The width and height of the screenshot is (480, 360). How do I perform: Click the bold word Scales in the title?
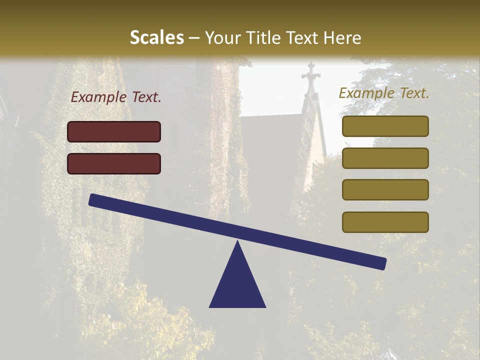pyautogui.click(x=156, y=37)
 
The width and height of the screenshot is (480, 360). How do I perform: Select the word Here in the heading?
pyautogui.click(x=342, y=37)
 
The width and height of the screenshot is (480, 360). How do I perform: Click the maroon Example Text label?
pyautogui.click(x=116, y=97)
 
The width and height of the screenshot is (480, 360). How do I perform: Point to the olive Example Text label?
pyautogui.click(x=384, y=93)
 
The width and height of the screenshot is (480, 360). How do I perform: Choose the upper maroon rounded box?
pyautogui.click(x=114, y=131)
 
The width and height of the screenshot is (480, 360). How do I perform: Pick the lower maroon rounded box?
pyautogui.click(x=114, y=163)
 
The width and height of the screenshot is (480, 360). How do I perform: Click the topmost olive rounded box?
pyautogui.click(x=385, y=126)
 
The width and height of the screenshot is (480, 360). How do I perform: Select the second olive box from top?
pyautogui.click(x=385, y=158)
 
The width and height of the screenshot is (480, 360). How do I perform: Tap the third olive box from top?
pyautogui.click(x=385, y=190)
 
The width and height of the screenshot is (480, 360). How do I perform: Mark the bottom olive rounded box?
pyautogui.click(x=385, y=222)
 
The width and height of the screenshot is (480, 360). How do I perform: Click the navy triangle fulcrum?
pyautogui.click(x=237, y=282)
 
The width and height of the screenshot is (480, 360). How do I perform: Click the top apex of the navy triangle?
pyautogui.click(x=237, y=242)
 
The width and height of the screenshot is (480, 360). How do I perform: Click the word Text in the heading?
pyautogui.click(x=302, y=37)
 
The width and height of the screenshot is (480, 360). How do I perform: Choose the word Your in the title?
pyautogui.click(x=222, y=37)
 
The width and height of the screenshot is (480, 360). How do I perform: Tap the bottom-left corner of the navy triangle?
pyautogui.click(x=210, y=306)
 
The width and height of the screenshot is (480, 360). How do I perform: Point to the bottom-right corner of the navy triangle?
pyautogui.click(x=265, y=306)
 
